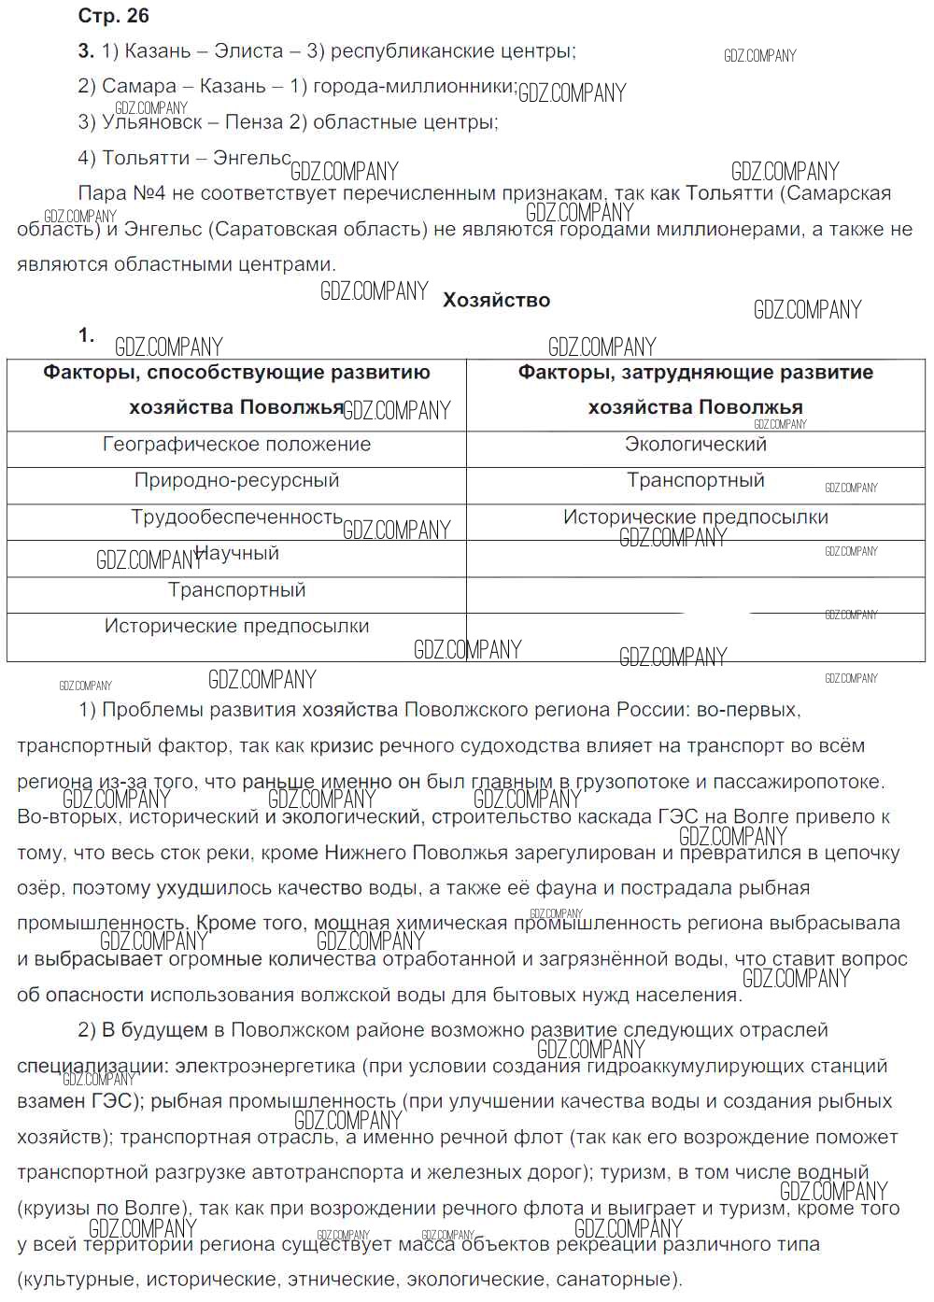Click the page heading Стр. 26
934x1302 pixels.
pos(113,16)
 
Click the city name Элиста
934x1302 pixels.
pos(248,51)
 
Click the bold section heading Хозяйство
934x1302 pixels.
pos(496,300)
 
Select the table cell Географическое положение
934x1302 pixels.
pos(236,445)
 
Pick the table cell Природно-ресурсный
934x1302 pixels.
pos(236,481)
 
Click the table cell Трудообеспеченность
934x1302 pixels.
pos(236,517)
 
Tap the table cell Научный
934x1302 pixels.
pos(236,554)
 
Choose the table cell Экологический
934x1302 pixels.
pos(695,445)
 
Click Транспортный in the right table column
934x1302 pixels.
pos(695,481)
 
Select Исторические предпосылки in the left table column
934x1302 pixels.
pos(236,627)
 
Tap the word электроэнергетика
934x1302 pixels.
pos(265,1066)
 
